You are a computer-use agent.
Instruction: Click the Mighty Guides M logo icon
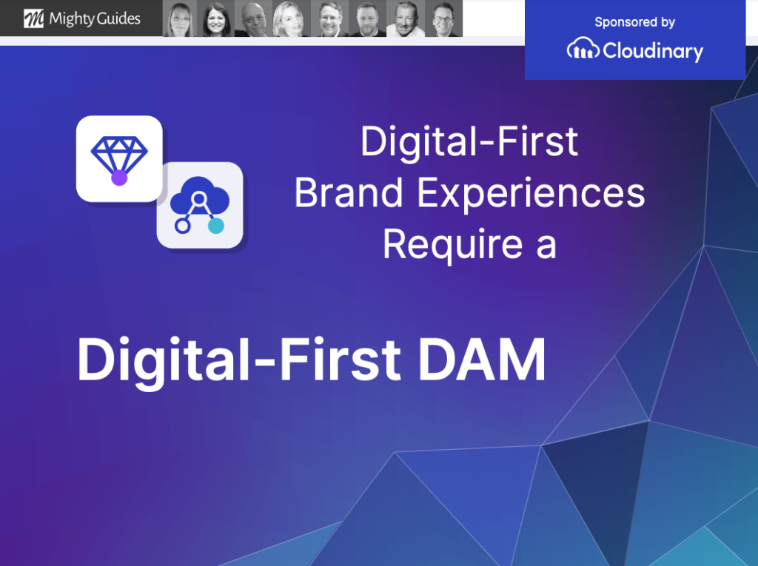point(34,18)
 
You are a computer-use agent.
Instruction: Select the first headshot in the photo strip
point(180,19)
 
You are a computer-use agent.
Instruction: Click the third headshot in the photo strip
point(254,19)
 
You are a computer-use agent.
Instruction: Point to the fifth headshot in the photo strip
point(329,19)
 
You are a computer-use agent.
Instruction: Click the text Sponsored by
point(634,22)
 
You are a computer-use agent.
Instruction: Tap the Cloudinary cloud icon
point(583,50)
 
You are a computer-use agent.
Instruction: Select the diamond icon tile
point(118,158)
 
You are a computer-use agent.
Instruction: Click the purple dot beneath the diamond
point(119,178)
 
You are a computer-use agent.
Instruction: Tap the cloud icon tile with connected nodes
point(199,205)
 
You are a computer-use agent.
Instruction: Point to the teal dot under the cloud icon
point(216,226)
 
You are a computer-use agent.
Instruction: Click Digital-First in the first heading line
point(469,142)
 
